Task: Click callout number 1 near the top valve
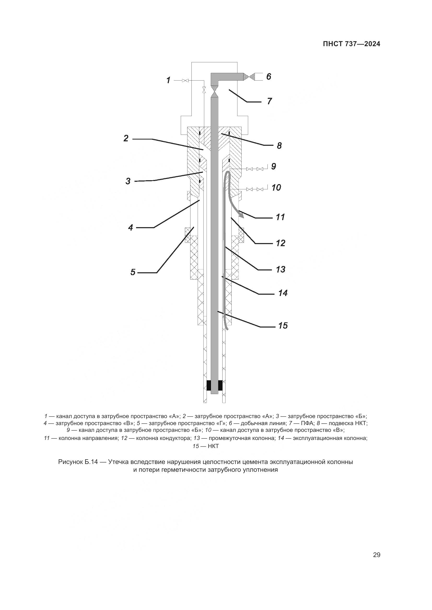tap(168, 80)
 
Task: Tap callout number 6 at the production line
tap(269, 76)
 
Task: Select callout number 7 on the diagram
tap(270, 101)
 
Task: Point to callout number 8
tap(279, 146)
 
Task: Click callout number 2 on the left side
tap(126, 138)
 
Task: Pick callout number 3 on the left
tap(128, 181)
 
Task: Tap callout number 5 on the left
tap(133, 272)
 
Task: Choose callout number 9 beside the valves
tap(273, 166)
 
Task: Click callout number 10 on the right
tap(276, 188)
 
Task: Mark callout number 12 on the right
tap(281, 243)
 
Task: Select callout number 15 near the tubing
tap(283, 325)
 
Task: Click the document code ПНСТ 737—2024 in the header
tap(351, 44)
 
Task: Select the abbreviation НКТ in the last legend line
tap(213, 446)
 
